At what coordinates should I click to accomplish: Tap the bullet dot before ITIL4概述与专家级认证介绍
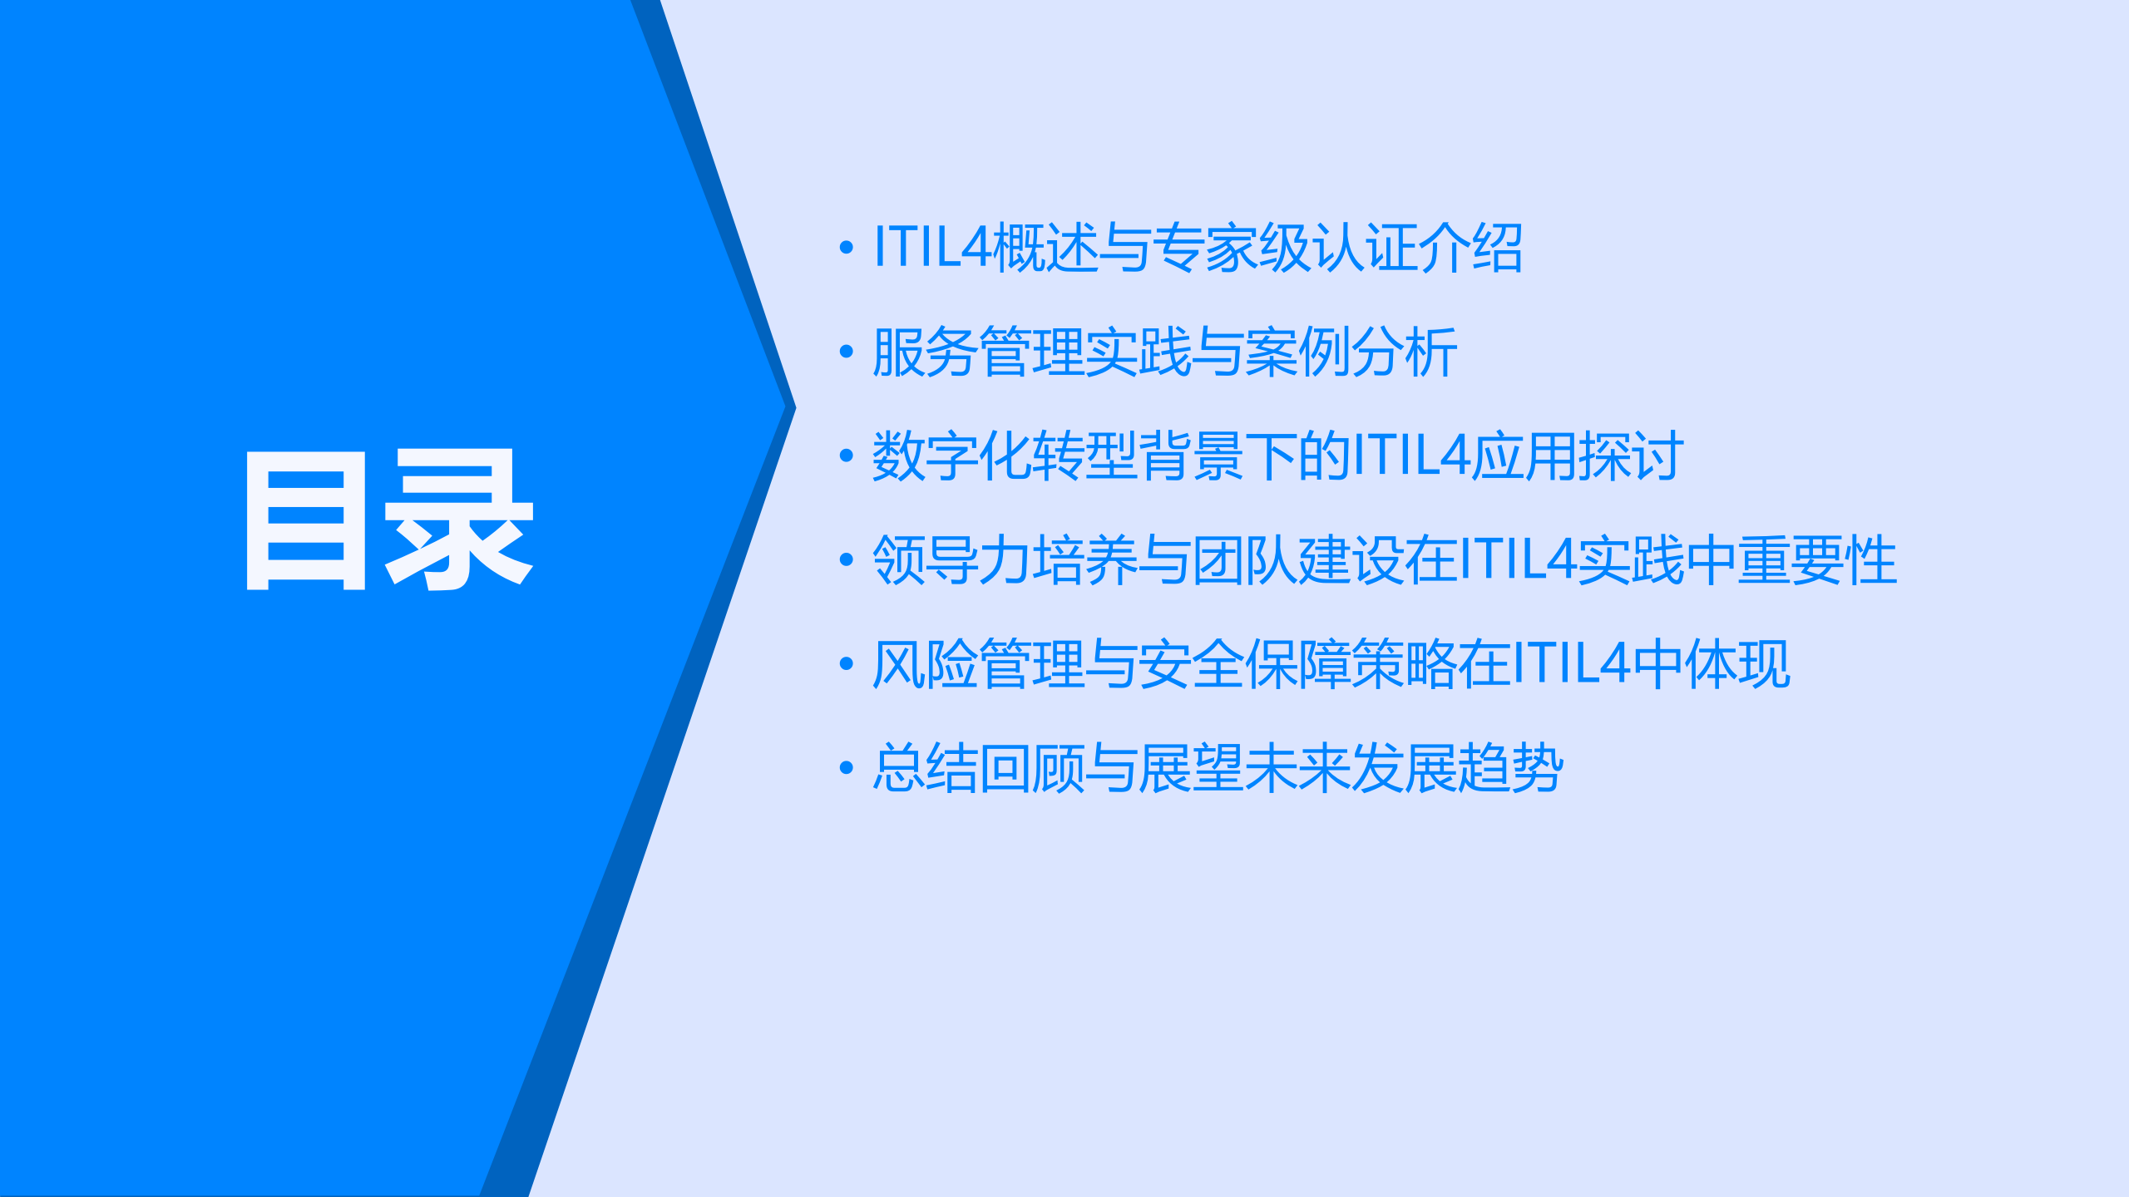pos(847,247)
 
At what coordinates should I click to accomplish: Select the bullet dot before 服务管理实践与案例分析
pos(847,352)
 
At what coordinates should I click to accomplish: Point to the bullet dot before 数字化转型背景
pos(847,456)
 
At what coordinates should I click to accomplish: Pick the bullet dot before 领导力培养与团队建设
pos(847,559)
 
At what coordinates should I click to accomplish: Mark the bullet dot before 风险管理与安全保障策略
pos(847,663)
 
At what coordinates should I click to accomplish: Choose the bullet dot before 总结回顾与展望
pos(847,767)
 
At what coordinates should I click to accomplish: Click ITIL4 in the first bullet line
pos(931,248)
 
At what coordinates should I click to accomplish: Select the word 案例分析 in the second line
pos(1351,352)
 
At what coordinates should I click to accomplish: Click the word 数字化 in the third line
pos(951,456)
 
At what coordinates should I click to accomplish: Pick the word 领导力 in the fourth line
pos(951,560)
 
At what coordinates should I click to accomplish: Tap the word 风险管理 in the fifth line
pos(978,664)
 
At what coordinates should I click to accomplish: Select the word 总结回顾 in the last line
pos(978,768)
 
